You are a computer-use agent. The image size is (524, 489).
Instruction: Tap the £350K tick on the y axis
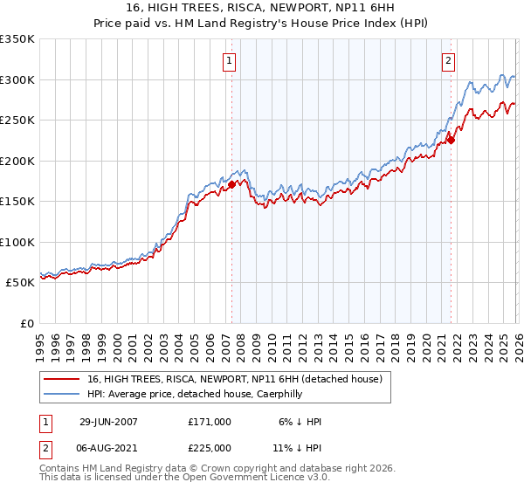(x=17, y=39)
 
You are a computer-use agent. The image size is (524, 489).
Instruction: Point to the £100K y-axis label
(x=17, y=243)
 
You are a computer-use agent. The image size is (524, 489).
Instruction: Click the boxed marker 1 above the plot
(x=229, y=61)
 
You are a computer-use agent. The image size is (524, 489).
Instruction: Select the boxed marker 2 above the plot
(x=448, y=61)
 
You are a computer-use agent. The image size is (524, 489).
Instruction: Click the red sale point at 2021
(x=452, y=140)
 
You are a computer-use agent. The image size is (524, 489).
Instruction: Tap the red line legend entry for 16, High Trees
(x=234, y=380)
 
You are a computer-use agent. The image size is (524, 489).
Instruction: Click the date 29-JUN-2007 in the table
(x=108, y=422)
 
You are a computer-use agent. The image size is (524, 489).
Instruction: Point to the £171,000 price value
(x=210, y=422)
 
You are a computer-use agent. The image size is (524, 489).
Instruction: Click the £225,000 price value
(x=210, y=448)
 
